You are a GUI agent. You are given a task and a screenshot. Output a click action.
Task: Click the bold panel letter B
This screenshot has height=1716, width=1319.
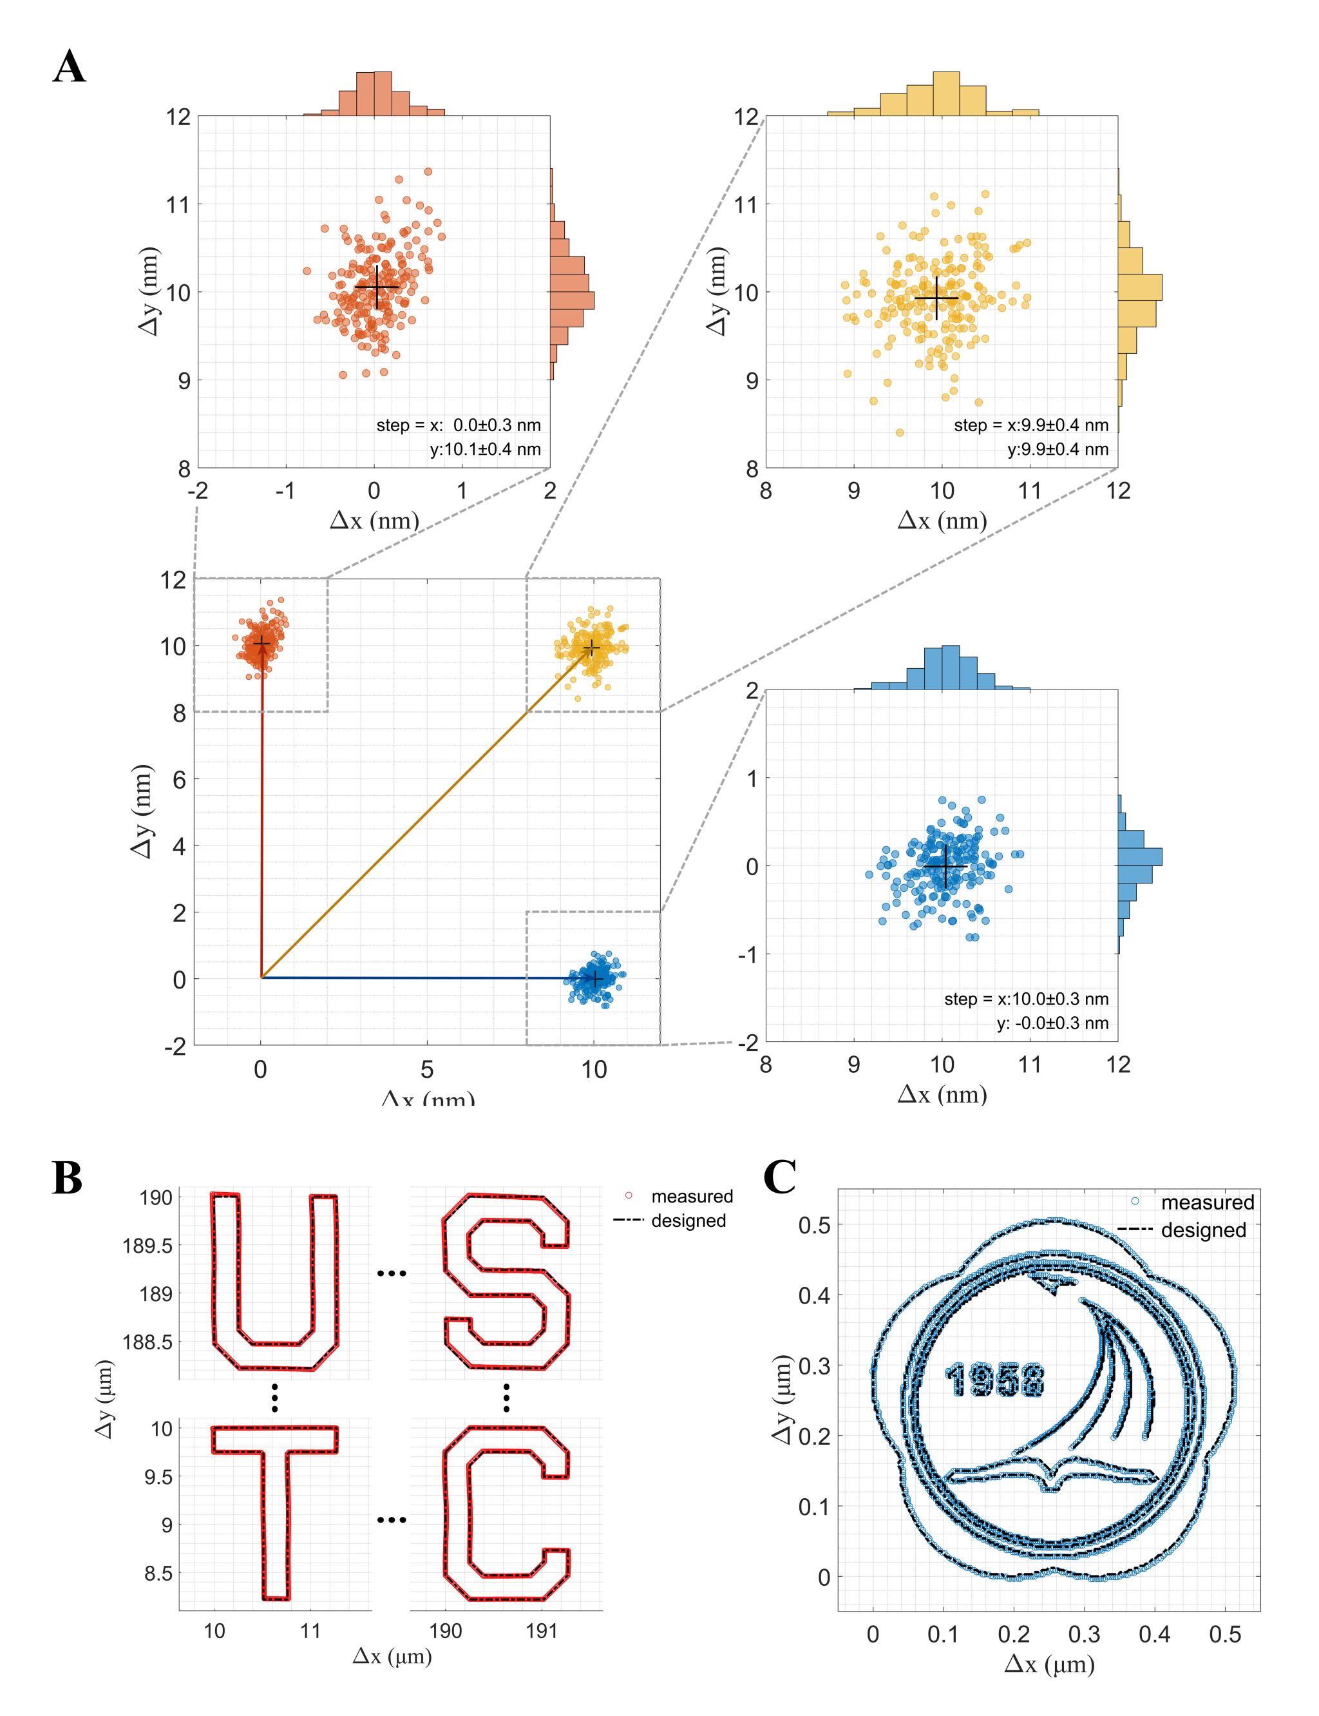point(68,1179)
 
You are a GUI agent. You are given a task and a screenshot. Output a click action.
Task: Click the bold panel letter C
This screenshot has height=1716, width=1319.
point(780,1177)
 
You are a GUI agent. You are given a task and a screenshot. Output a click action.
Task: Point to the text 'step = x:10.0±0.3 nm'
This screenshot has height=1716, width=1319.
point(1025,999)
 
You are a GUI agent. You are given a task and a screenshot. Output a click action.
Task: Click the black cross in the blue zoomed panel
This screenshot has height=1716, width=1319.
point(945,865)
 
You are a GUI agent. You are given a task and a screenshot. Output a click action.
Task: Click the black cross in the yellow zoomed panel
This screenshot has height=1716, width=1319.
point(936,298)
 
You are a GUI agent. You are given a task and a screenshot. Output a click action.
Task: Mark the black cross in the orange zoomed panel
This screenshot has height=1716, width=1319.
point(377,287)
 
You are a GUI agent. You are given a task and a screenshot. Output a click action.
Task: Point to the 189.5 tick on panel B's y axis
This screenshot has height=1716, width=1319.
point(147,1246)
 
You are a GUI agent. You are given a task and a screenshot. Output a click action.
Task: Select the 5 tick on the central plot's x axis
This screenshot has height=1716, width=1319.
point(427,1070)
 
